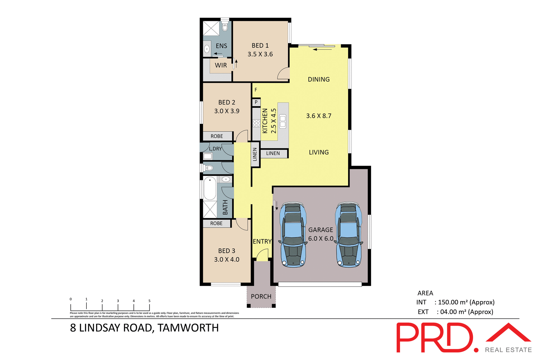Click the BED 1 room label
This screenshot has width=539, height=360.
260,45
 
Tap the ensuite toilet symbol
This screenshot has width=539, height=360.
225,27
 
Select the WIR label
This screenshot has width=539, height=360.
221,65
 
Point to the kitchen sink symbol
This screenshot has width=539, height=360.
283,121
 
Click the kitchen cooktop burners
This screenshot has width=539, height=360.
256,123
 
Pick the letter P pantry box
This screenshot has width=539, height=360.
256,102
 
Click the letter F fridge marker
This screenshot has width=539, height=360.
256,90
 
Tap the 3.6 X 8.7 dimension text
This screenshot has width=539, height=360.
319,116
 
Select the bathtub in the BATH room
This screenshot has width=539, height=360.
210,188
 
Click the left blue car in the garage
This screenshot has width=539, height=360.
293,234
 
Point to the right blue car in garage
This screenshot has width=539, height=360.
348,234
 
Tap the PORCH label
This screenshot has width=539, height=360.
261,297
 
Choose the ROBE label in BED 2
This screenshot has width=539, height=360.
217,136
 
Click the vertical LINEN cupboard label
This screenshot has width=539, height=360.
255,154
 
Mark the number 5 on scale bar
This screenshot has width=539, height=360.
149,301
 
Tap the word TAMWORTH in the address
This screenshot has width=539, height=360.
188,328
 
